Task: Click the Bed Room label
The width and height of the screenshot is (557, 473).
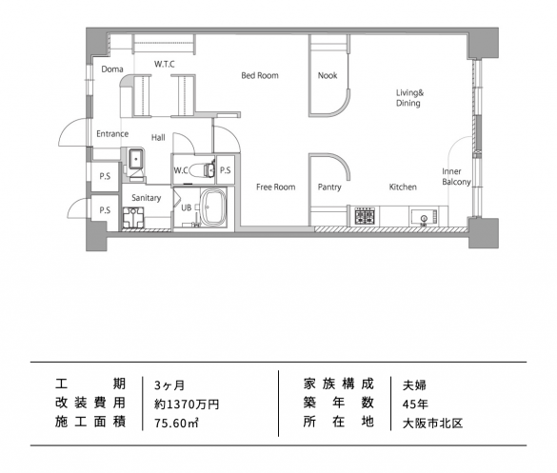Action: click(x=260, y=75)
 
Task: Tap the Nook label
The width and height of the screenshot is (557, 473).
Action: click(x=328, y=75)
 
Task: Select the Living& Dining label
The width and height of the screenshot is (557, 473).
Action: click(x=409, y=98)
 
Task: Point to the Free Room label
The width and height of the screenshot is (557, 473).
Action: click(x=276, y=187)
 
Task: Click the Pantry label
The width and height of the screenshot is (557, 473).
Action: click(x=329, y=187)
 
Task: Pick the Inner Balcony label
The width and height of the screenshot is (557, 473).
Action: click(x=456, y=176)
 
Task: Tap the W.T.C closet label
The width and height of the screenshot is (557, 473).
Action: click(x=165, y=64)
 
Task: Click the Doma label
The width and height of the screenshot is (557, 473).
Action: click(x=112, y=69)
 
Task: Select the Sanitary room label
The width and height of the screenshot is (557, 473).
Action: click(x=147, y=198)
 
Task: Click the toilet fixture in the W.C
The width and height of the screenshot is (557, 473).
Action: click(x=202, y=170)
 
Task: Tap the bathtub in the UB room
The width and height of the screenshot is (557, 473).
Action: click(x=213, y=207)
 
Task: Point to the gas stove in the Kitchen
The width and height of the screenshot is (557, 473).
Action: click(x=365, y=216)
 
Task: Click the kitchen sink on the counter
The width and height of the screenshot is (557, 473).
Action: click(x=424, y=216)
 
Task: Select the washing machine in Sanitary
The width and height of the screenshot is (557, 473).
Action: click(x=133, y=217)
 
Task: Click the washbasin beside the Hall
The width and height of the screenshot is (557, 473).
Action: click(x=136, y=159)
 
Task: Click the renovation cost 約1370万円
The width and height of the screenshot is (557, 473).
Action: click(x=187, y=404)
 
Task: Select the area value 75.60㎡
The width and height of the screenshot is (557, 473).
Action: click(x=176, y=423)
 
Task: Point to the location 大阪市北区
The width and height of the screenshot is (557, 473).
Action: click(x=432, y=423)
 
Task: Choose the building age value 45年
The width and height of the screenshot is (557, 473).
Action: click(x=415, y=404)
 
